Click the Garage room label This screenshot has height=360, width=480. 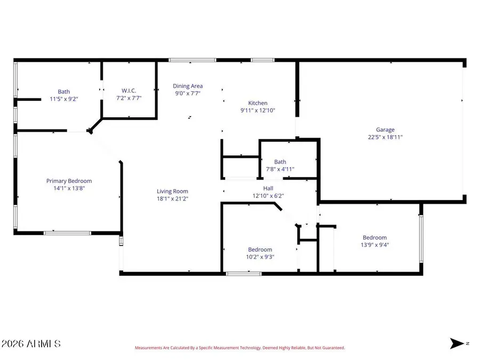(x=385, y=130)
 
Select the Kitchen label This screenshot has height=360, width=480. (x=258, y=103)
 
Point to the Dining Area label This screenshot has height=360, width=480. (x=188, y=86)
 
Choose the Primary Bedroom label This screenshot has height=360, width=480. (x=69, y=181)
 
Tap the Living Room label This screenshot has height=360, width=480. (x=172, y=191)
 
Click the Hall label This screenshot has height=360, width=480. (x=268, y=188)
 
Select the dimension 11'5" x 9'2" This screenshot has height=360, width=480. (x=64, y=99)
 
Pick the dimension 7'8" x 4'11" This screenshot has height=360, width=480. (x=280, y=169)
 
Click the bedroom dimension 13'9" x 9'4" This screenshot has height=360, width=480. (x=374, y=245)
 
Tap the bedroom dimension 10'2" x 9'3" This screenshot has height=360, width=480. (x=260, y=257)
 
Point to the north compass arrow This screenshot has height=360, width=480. (x=457, y=343)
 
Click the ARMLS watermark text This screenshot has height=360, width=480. (x=31, y=343)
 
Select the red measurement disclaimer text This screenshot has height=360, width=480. (x=239, y=348)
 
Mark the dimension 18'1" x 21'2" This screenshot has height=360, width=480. (x=172, y=198)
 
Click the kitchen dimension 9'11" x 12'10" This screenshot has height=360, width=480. (x=258, y=110)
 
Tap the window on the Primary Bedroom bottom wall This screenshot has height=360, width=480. (x=68, y=233)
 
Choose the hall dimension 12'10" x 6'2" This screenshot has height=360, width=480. (x=268, y=196)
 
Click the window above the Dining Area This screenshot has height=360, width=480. (x=193, y=60)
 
